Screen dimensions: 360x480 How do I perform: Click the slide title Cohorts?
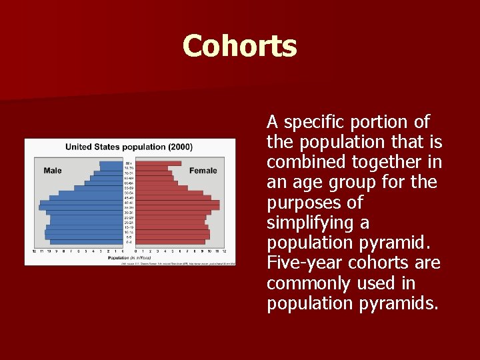click(239, 47)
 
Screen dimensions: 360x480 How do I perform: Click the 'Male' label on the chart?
click(53, 171)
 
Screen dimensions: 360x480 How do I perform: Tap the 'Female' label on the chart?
click(203, 171)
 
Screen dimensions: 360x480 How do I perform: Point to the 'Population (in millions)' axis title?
click(129, 257)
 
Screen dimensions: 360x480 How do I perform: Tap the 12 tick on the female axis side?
click(225, 251)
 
